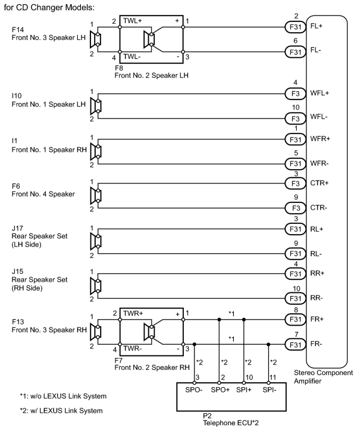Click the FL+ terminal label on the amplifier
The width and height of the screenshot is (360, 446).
coord(316,26)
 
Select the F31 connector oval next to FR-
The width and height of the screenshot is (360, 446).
coord(295,345)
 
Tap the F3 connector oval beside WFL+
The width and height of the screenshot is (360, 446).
coord(295,93)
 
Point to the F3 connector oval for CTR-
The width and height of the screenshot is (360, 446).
coord(295,208)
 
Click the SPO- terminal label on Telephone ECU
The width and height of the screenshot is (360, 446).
coord(194,390)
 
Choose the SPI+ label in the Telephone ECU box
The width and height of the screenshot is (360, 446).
coord(244,390)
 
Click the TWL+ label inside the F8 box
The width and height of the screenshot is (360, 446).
coord(133,21)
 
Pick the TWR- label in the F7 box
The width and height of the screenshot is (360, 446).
coord(132,348)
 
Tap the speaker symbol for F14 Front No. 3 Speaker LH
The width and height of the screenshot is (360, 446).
coord(95,39)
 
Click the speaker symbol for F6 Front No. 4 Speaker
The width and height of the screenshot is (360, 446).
coord(95,196)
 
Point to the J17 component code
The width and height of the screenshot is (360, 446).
coord(17,228)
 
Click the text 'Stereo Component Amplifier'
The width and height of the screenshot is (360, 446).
coord(323,377)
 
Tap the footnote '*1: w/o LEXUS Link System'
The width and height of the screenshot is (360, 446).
coord(63,396)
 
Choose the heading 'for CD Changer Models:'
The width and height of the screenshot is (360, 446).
coord(49,7)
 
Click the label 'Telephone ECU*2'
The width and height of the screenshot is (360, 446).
coord(231,423)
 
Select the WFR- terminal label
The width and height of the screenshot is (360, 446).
coord(320,164)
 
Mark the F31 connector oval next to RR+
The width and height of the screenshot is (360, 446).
coord(295,274)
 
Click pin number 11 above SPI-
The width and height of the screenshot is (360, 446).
coord(273,378)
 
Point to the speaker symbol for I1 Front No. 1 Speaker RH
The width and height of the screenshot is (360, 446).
coord(95,152)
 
